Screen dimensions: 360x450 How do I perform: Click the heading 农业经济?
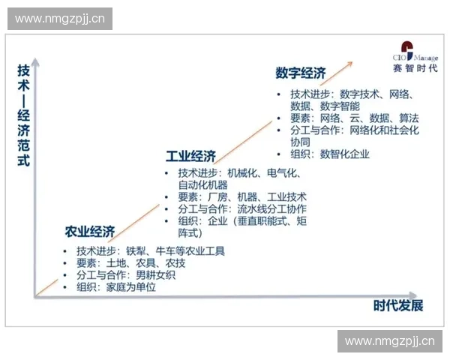89,231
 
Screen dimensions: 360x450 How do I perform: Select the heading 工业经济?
190,156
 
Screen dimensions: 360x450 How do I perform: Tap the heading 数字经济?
300,73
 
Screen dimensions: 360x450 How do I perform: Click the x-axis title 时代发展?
398,305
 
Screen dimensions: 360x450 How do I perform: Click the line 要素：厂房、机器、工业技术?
226,197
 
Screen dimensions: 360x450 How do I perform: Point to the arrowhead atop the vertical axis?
34,59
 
